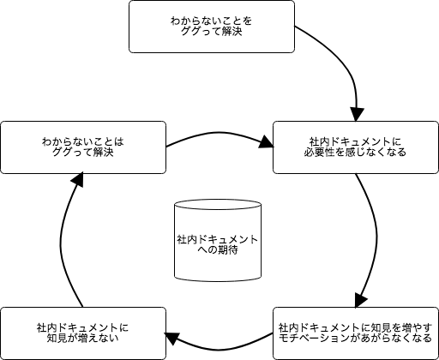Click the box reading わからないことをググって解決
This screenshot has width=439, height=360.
click(x=212, y=27)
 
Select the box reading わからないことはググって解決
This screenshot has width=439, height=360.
click(x=83, y=147)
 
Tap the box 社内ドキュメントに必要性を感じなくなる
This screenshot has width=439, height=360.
click(x=356, y=147)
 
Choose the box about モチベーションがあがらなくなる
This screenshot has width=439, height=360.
click(x=356, y=333)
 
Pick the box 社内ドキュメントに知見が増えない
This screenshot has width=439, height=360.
click(x=83, y=333)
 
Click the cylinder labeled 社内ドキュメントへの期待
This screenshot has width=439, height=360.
click(x=218, y=240)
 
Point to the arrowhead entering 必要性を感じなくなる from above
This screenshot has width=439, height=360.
click(x=357, y=115)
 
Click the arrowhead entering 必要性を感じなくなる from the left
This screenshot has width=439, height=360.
click(x=267, y=142)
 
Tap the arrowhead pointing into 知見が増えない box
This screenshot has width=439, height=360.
click(x=172, y=339)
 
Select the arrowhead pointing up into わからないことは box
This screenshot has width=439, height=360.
click(x=77, y=179)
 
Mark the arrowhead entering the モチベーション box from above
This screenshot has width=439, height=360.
click(x=360, y=300)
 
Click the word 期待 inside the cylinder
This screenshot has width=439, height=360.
click(x=228, y=250)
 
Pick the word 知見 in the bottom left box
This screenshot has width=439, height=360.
click(x=57, y=339)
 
